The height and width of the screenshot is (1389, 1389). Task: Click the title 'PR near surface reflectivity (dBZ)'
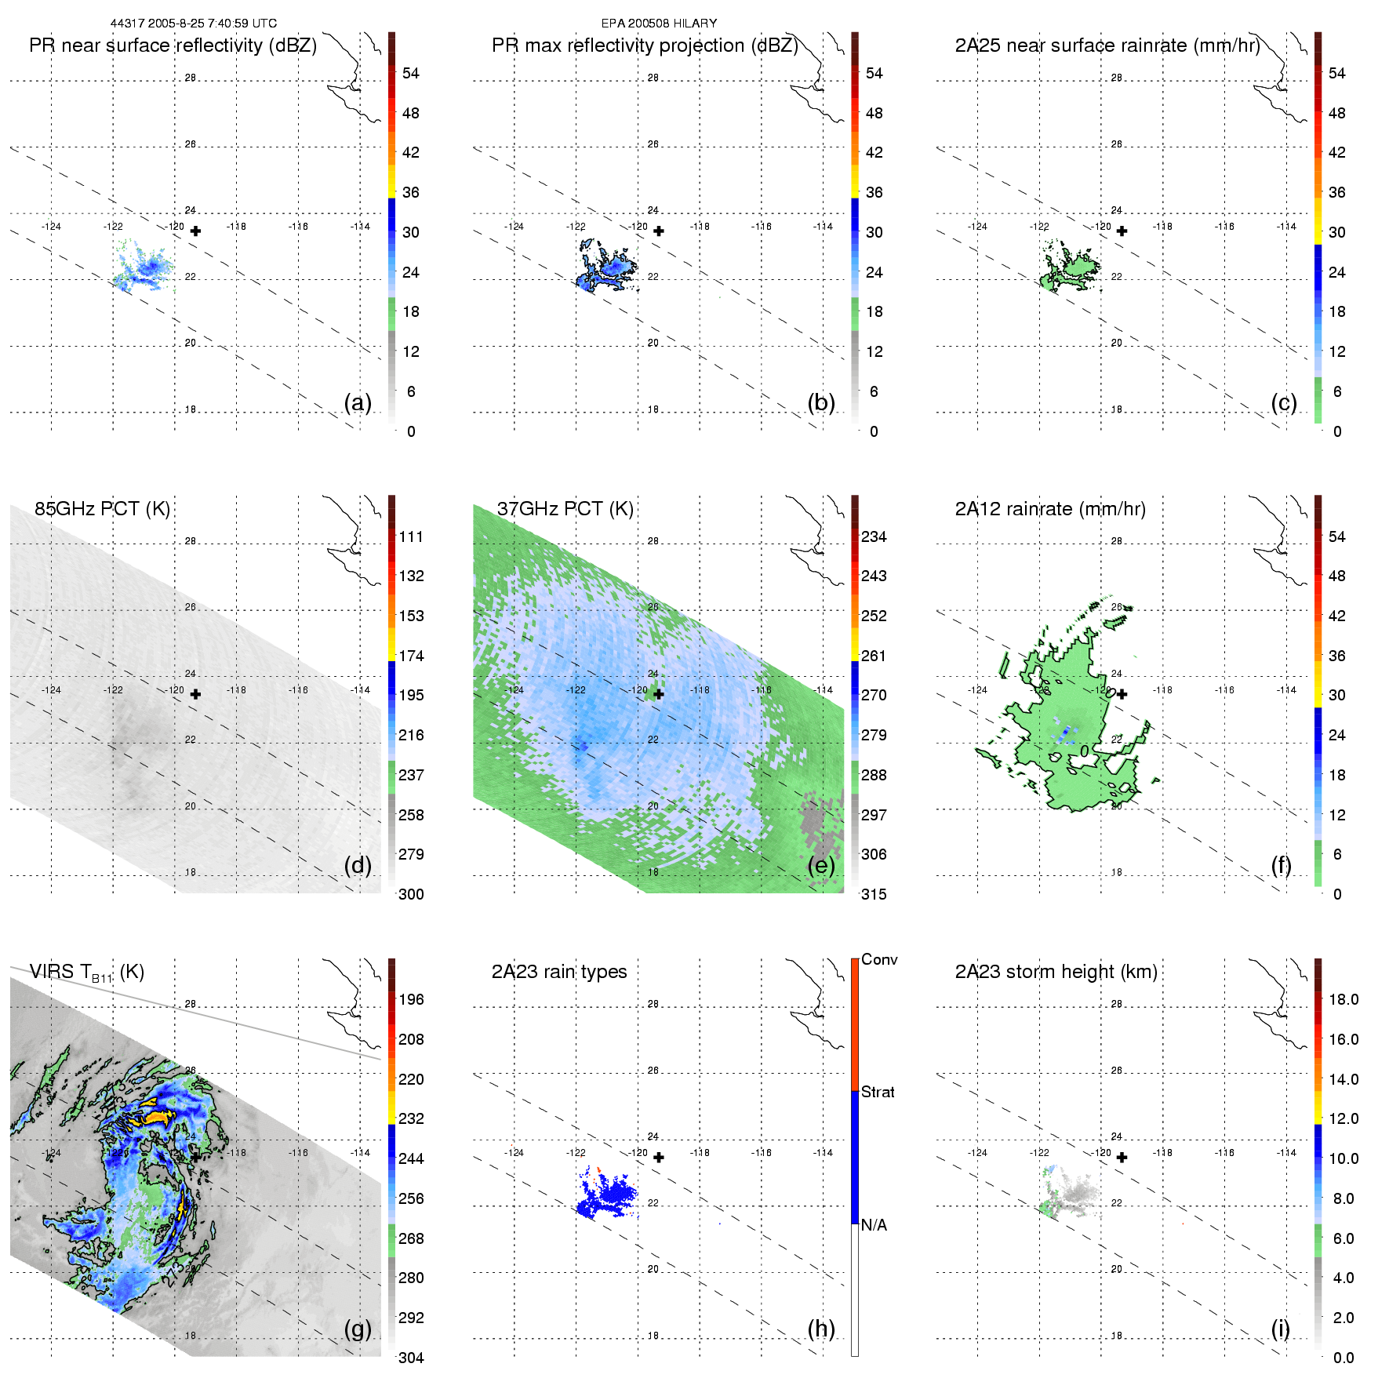pos(173,45)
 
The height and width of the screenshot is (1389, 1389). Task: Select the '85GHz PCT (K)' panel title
pos(102,509)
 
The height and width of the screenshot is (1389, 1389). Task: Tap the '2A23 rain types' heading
pos(559,972)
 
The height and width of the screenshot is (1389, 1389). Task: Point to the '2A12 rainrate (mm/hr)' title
pos(1050,509)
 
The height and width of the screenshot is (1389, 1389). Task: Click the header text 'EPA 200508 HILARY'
pos(659,24)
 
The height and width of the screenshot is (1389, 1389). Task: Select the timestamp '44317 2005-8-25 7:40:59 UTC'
pos(194,24)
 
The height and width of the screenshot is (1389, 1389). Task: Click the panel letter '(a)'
pos(358,402)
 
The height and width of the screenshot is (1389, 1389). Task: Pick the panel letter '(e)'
pos(820,865)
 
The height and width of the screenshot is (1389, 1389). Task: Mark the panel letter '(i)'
pos(1280,1329)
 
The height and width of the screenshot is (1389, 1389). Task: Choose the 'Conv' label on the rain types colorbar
pos(879,959)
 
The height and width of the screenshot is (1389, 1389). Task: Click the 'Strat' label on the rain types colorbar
pos(878,1092)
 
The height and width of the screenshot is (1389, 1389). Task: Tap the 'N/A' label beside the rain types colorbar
pos(874,1225)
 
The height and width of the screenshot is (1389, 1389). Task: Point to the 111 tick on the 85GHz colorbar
pos(411,536)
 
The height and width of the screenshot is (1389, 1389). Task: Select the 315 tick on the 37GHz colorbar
pos(874,894)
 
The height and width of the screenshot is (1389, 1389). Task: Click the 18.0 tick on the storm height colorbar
pos(1344,999)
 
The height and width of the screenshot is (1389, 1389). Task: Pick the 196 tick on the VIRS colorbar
pos(411,999)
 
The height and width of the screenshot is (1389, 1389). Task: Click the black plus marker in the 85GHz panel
pos(195,694)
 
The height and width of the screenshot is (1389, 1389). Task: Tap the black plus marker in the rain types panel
pos(659,1158)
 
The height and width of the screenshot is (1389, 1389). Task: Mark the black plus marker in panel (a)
pos(195,231)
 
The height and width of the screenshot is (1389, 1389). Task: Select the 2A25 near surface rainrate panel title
pos(1107,45)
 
